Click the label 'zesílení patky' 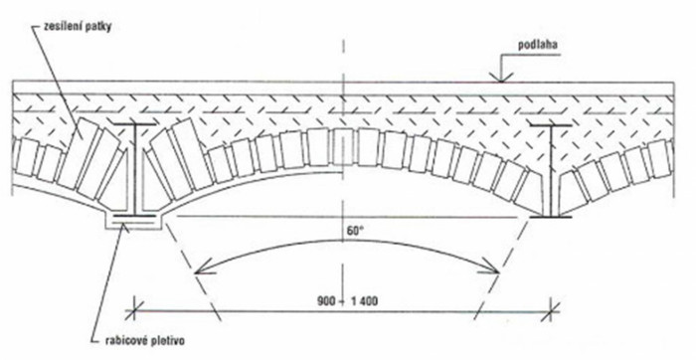(79, 26)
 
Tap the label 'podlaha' (538, 45)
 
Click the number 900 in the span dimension (325, 301)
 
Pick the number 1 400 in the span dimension (363, 301)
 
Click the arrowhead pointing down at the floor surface (501, 78)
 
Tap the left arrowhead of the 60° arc (202, 269)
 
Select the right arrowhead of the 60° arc (492, 269)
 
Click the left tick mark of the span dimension (132, 309)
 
